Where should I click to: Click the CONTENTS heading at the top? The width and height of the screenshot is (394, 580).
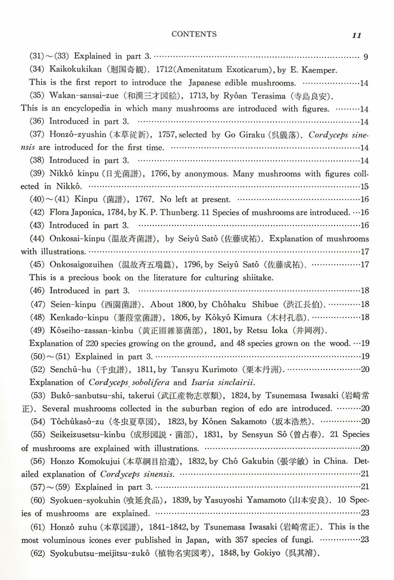coord(194,34)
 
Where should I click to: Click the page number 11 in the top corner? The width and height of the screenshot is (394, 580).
coord(357,35)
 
